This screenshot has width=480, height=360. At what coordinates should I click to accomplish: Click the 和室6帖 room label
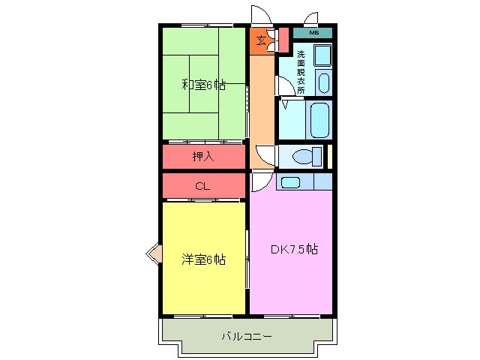[x=203, y=85]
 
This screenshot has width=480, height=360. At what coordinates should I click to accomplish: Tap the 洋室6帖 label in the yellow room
[x=203, y=259]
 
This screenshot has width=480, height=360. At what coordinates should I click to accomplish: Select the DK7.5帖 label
[x=294, y=249]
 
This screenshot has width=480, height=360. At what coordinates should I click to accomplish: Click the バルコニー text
[x=247, y=337]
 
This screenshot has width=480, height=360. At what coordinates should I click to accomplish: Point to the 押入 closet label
[x=203, y=157]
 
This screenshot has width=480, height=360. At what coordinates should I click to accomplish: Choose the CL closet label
[x=202, y=186]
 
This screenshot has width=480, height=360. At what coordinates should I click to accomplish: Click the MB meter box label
[x=313, y=32]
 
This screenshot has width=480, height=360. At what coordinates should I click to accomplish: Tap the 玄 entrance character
[x=261, y=40]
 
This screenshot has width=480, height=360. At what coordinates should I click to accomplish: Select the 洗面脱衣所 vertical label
[x=301, y=72]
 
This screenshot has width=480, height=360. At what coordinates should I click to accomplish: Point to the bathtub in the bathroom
[x=319, y=120]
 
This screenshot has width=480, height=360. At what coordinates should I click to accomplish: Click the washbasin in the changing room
[x=323, y=82]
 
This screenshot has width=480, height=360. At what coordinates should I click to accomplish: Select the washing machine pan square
[x=323, y=55]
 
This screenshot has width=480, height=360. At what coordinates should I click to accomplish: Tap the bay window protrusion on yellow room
[x=153, y=253]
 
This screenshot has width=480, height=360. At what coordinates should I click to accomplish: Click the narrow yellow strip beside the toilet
[x=330, y=157]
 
